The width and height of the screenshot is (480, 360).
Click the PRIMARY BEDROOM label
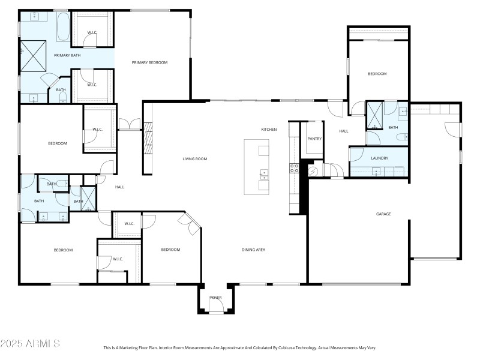[149, 62]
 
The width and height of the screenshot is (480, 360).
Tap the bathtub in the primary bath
[63, 26]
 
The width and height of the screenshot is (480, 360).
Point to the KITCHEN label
[269, 130]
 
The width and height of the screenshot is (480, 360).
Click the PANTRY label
[314, 139]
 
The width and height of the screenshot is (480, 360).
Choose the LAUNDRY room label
[379, 158]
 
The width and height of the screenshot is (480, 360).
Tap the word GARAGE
[384, 214]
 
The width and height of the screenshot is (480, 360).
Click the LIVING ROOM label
[195, 159]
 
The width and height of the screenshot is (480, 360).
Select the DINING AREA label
[253, 250]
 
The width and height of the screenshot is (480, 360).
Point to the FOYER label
[215, 298]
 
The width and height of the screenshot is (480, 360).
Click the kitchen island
[256, 167]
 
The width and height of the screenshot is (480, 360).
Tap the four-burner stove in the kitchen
[295, 168]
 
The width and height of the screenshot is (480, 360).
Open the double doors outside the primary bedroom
[129, 125]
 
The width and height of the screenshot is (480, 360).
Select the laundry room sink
[376, 172]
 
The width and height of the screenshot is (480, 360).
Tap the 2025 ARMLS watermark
[30, 344]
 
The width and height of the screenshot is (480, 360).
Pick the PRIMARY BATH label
[67, 55]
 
